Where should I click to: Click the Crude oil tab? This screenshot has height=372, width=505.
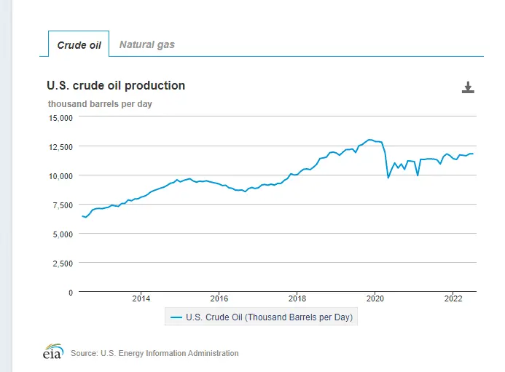point(79,44)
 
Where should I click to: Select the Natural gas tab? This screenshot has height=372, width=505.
point(147,44)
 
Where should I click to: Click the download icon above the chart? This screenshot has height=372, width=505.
point(468,88)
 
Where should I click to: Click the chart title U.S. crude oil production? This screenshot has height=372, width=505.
point(116,86)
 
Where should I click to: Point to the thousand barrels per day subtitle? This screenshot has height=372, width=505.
point(100,104)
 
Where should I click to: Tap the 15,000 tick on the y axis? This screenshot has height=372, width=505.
point(60,117)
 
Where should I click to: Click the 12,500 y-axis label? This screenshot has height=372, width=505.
point(60,146)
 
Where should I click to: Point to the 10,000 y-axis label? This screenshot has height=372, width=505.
point(60,175)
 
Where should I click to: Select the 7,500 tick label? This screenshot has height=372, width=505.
point(62,205)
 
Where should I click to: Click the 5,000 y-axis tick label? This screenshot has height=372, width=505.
point(62,234)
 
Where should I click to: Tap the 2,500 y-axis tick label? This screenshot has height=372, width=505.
point(62,263)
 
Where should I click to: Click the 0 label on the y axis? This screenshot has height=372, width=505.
point(70,292)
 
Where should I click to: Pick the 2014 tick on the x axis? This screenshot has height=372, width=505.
point(141,299)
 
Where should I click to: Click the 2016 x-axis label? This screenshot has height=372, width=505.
point(219,299)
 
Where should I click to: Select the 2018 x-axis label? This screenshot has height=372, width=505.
point(297,299)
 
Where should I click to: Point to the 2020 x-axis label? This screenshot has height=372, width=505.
point(375,299)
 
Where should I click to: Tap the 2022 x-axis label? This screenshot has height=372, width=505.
point(453,299)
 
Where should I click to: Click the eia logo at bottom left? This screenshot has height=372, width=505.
point(52,352)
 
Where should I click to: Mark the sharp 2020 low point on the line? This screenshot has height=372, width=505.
point(388,178)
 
